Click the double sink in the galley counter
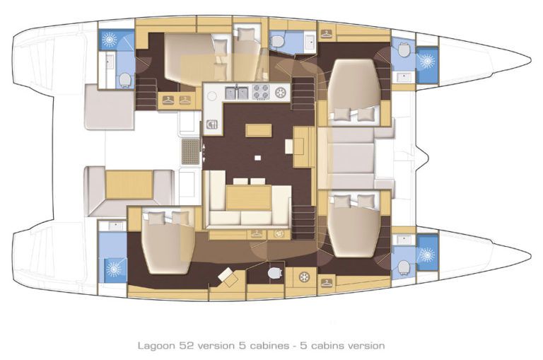(238, 91)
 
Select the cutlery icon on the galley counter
(212, 126)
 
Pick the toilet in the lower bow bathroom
(403, 267)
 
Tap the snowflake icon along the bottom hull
(305, 276)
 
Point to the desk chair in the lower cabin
(228, 276)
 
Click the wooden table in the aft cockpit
(119, 185)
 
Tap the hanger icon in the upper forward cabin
(326, 33)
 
